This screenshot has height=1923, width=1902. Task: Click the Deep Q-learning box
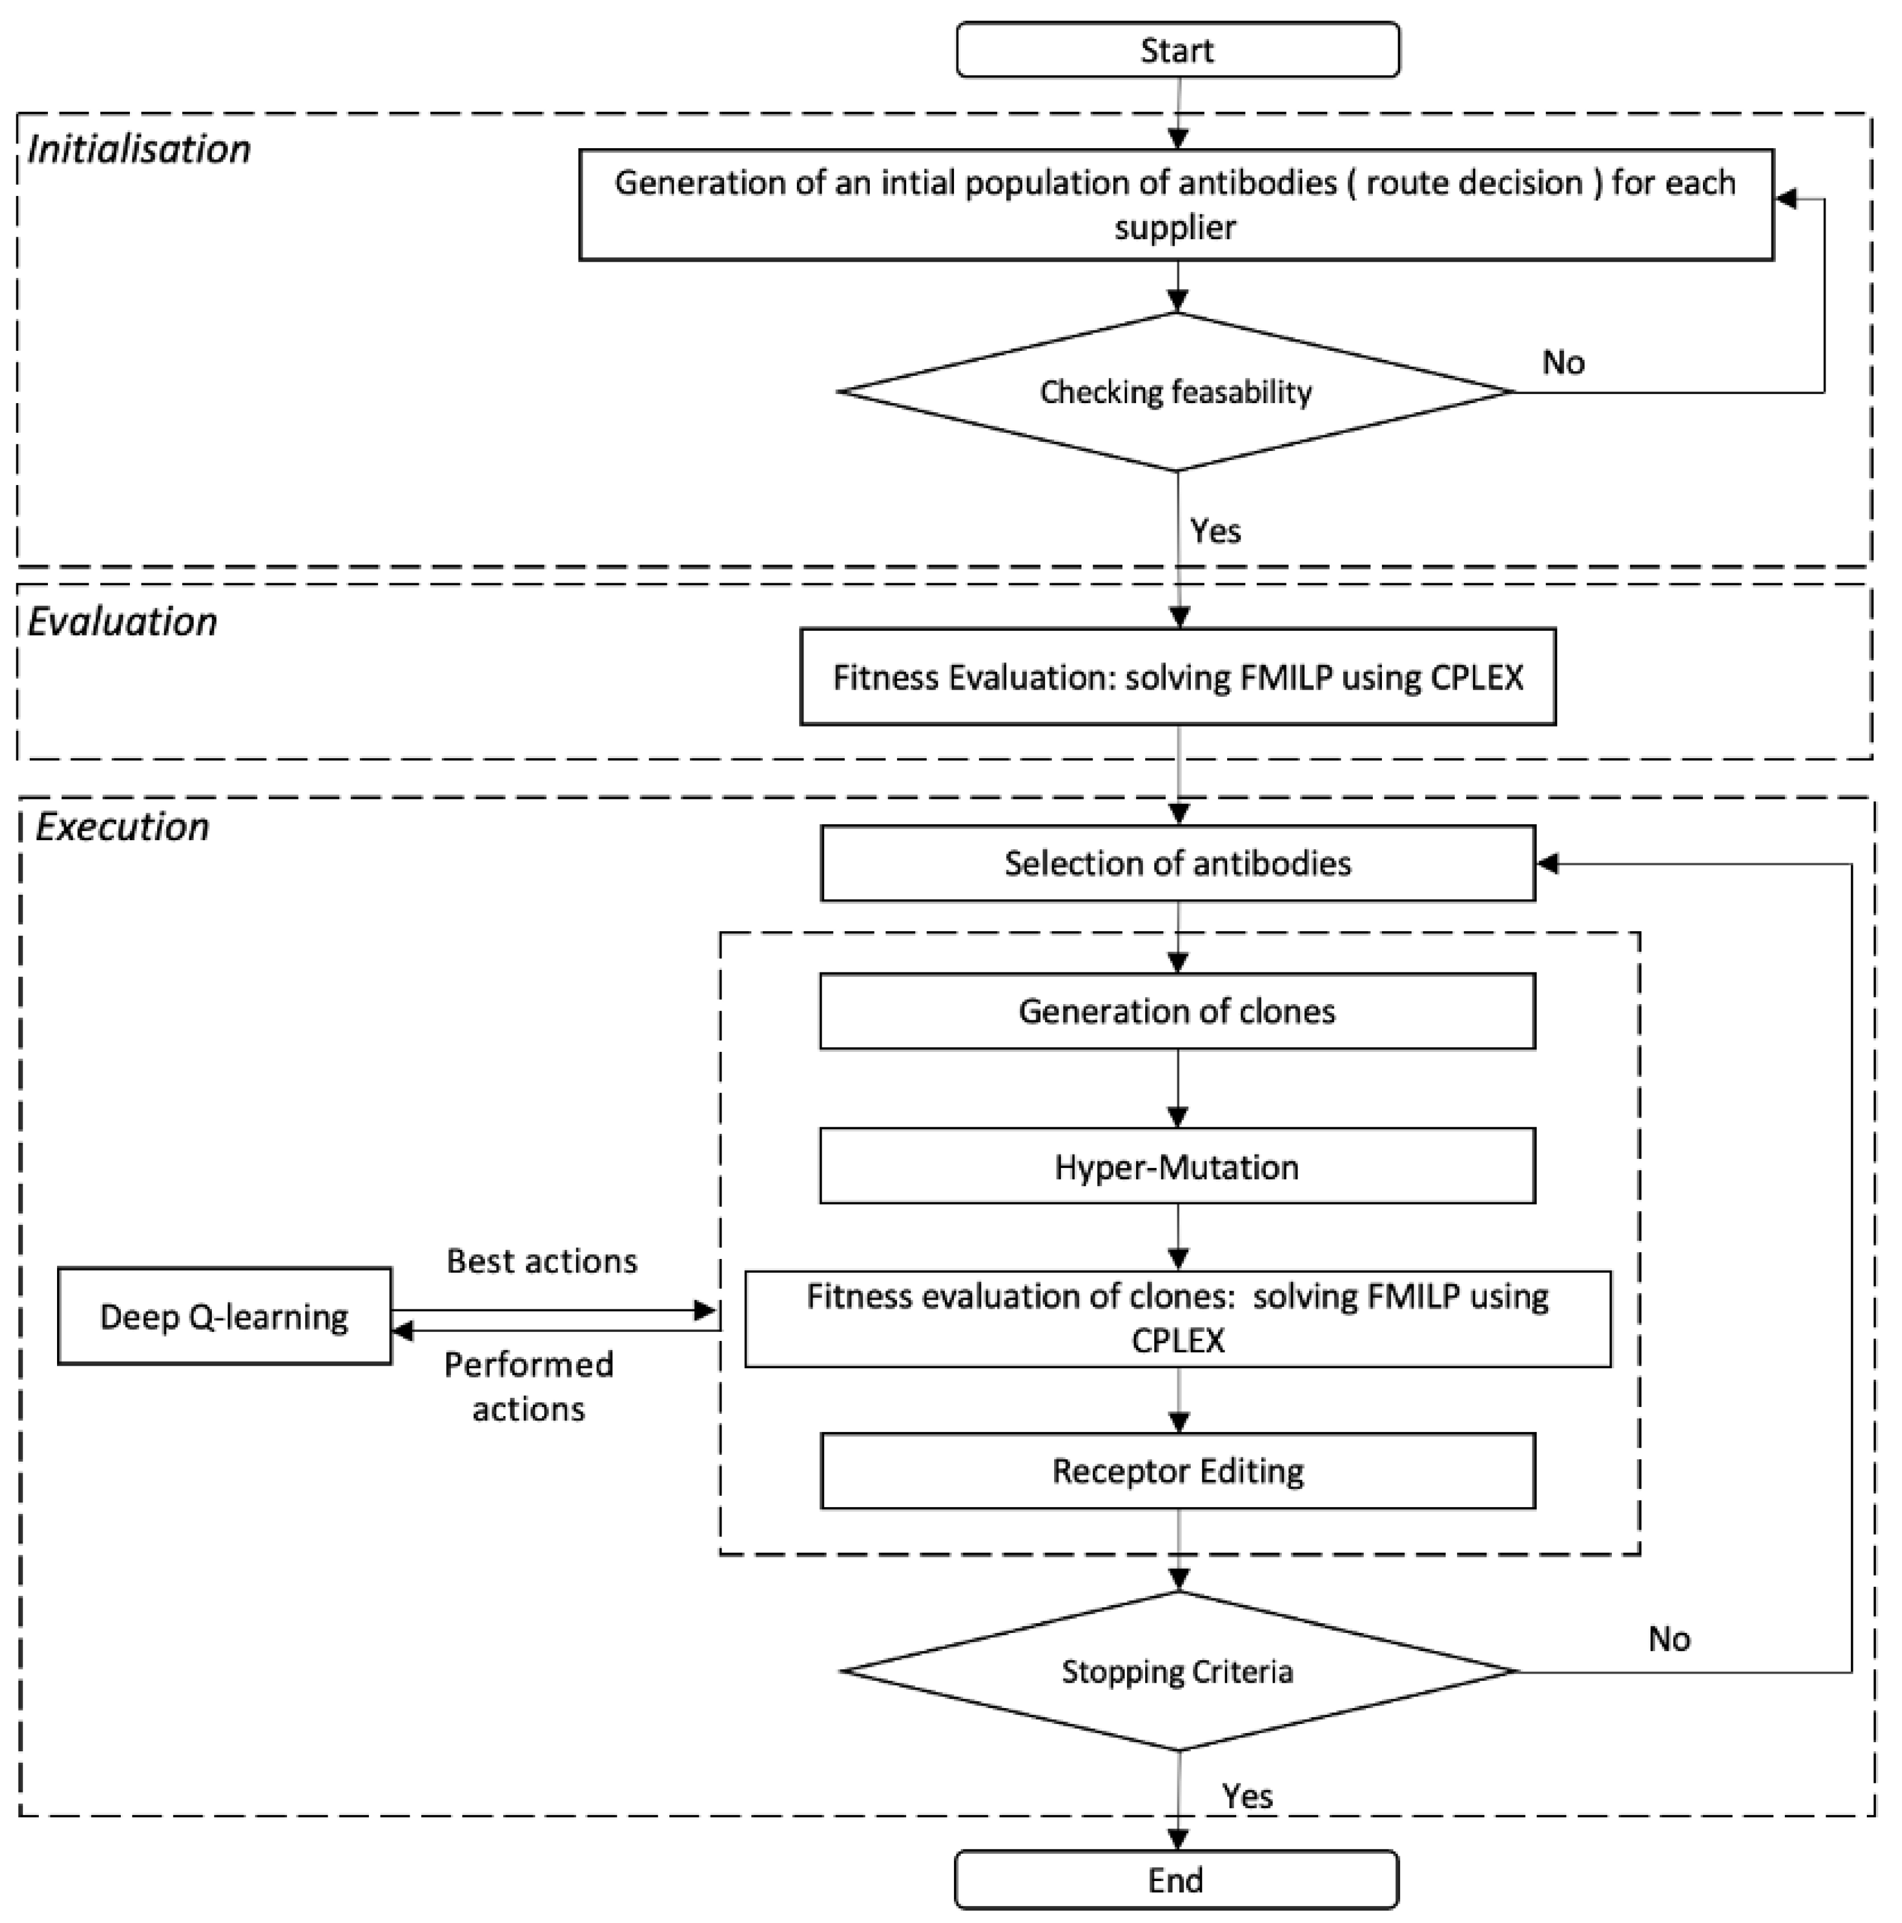pyautogui.click(x=224, y=1316)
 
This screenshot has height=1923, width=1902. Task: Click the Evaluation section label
pyautogui.click(x=121, y=622)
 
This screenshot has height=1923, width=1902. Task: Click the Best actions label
pyautogui.click(x=541, y=1261)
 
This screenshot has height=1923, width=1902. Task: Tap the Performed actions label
pyautogui.click(x=529, y=1386)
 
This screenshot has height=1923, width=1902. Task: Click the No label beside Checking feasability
pyautogui.click(x=1563, y=362)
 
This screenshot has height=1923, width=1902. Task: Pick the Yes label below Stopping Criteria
pyautogui.click(x=1247, y=1797)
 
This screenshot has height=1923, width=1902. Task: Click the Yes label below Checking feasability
pyautogui.click(x=1215, y=531)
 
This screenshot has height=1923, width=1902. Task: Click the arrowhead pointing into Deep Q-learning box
pyautogui.click(x=403, y=1330)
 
